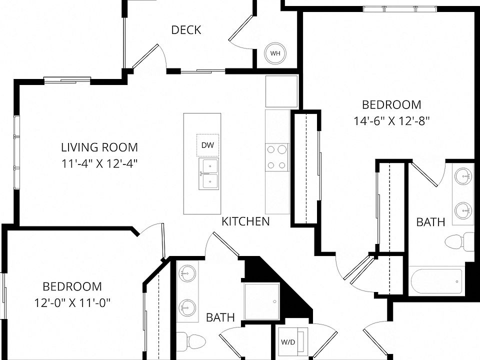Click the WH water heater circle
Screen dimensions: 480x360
tap(275, 53)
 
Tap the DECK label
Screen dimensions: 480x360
tap(186, 30)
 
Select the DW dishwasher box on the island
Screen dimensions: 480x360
tap(207, 145)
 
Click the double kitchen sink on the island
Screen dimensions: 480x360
tap(209, 173)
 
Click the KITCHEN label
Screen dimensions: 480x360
tap(245, 221)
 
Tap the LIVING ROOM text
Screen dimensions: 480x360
tap(99, 147)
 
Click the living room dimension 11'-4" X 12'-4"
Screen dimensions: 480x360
tap(99, 164)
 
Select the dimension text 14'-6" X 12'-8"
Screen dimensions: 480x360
tap(392, 121)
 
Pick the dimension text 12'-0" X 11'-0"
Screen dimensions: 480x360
tap(72, 303)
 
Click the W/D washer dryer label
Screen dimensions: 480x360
tap(288, 342)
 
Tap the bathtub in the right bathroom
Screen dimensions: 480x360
tap(436, 281)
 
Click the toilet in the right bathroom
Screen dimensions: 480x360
tap(459, 242)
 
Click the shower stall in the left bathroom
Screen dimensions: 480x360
tap(261, 301)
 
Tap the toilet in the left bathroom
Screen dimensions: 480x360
tap(191, 340)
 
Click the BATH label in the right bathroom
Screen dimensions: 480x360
tap(430, 222)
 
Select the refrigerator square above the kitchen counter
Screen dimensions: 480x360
tap(281, 91)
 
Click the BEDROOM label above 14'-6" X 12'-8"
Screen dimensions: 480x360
tap(391, 104)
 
